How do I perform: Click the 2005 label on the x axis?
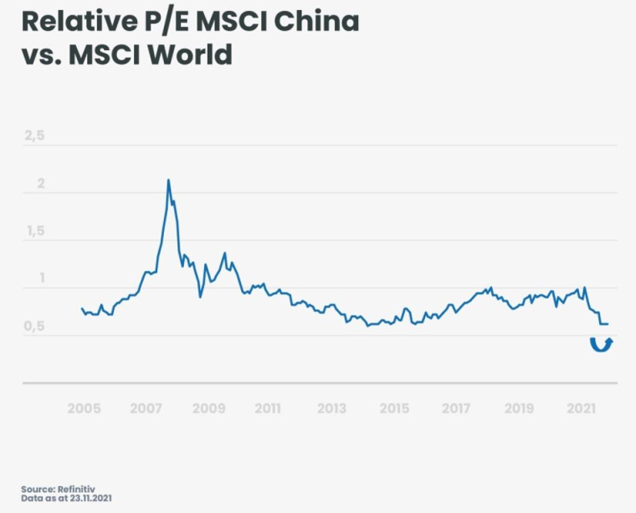[x=84, y=408]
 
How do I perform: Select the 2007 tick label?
[x=146, y=408]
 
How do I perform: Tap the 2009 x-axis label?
[x=208, y=408]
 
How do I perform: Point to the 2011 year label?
[x=268, y=408]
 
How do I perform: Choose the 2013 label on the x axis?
[x=331, y=408]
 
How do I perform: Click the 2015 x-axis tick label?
[x=394, y=408]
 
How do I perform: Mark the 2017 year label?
[x=456, y=408]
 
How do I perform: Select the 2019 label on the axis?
[x=519, y=408]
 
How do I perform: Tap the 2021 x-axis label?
[x=581, y=408]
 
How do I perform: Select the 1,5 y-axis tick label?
[x=33, y=232]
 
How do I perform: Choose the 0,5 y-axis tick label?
[x=33, y=327]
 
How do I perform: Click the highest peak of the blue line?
[x=168, y=180]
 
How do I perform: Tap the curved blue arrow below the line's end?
[x=601, y=344]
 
